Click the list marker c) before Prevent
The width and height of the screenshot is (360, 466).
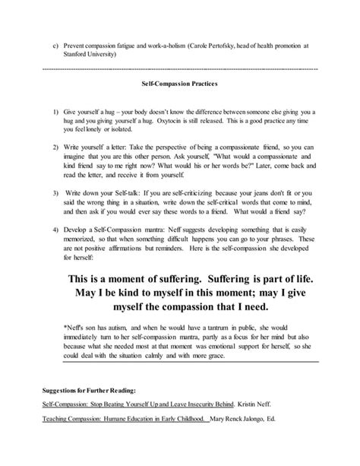pyautogui.click(x=54, y=44)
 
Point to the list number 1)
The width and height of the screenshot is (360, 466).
pyautogui.click(x=56, y=111)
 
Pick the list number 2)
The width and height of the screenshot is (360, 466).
pyautogui.click(x=56, y=144)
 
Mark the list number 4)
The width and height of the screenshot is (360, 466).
pyautogui.click(x=56, y=230)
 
